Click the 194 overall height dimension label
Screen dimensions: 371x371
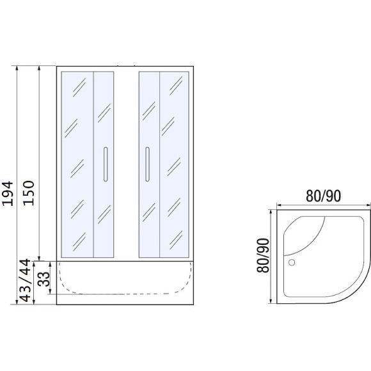[8, 193]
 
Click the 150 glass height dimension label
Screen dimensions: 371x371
[29, 193]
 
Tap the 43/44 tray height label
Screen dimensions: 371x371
[26, 280]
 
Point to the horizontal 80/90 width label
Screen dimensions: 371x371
[324, 196]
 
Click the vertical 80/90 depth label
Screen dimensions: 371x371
[263, 255]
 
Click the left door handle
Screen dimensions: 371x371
[106, 164]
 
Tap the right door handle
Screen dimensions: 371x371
[147, 164]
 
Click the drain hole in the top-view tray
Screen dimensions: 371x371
[292, 262]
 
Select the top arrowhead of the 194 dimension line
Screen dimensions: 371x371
[17, 68]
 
